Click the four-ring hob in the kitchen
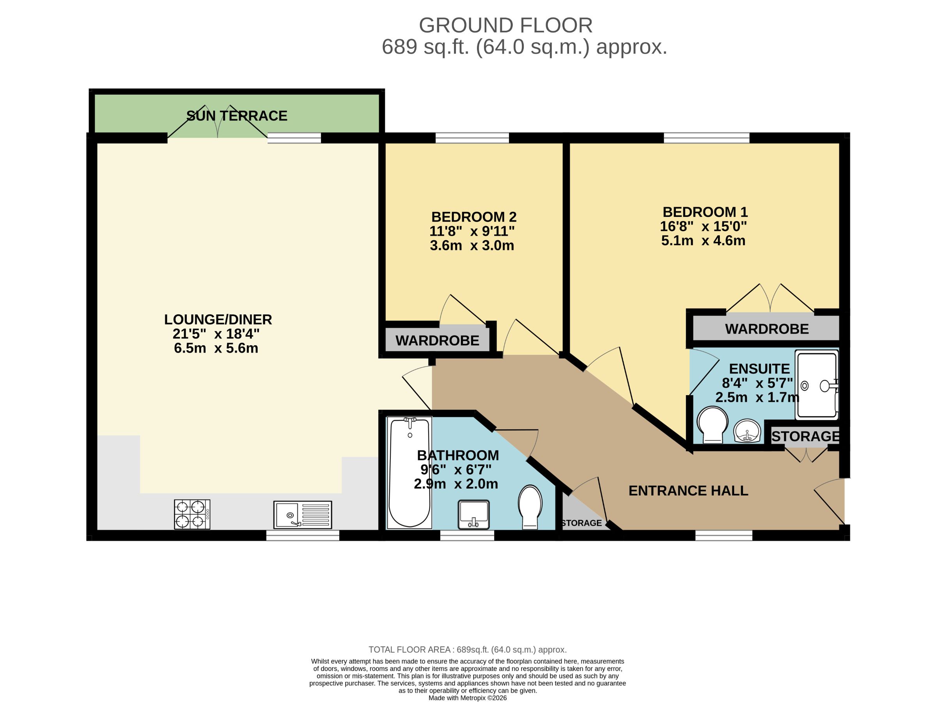coord(192,514)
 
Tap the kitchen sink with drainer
coord(303,514)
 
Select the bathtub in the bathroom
coord(409,472)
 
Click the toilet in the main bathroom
coord(530,507)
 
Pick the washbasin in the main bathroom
coord(473,514)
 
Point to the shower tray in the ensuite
coord(817,385)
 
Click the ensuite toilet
coord(713,425)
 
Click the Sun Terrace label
coord(237,115)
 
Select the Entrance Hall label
coord(688,491)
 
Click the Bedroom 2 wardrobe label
coord(437,340)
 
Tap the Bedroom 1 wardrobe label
coord(767,329)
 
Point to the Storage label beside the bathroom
coord(581,523)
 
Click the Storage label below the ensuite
coord(806,436)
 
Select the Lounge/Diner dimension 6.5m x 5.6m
coord(216,348)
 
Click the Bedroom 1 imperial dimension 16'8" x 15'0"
coord(703,226)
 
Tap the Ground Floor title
coord(506,25)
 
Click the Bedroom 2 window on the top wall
coord(472,138)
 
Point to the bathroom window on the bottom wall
coord(467,535)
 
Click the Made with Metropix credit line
coord(468,698)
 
